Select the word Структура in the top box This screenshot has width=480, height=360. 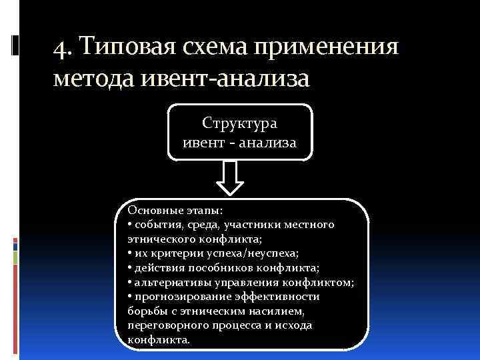click(239, 123)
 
